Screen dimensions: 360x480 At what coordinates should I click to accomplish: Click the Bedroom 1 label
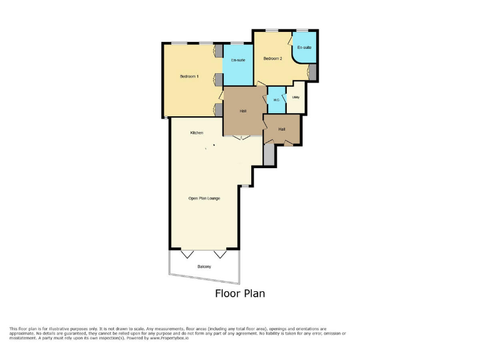pyautogui.click(x=189, y=76)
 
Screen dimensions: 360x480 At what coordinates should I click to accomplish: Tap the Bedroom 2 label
pyautogui.click(x=272, y=59)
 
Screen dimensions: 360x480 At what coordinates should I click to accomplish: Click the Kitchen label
pyautogui.click(x=197, y=132)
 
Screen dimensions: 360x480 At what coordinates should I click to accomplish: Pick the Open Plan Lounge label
pyautogui.click(x=204, y=198)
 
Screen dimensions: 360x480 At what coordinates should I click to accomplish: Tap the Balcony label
pyautogui.click(x=204, y=267)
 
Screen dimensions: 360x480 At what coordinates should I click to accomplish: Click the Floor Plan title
pyautogui.click(x=240, y=293)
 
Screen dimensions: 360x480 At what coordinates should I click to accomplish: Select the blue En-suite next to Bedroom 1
pyautogui.click(x=238, y=61)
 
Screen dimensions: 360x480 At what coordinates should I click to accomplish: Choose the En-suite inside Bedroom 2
pyautogui.click(x=304, y=47)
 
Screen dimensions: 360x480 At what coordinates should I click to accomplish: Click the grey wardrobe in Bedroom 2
pyautogui.click(x=313, y=72)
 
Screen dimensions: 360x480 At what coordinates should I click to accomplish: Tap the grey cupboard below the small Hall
pyautogui.click(x=269, y=155)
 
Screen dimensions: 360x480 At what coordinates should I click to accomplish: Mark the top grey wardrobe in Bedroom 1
pyautogui.click(x=219, y=51)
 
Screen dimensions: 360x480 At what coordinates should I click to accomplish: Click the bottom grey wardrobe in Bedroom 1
pyautogui.click(x=219, y=110)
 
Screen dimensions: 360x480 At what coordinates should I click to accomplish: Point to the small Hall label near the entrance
pyautogui.click(x=282, y=129)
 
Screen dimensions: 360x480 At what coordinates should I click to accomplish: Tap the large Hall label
pyautogui.click(x=242, y=111)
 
